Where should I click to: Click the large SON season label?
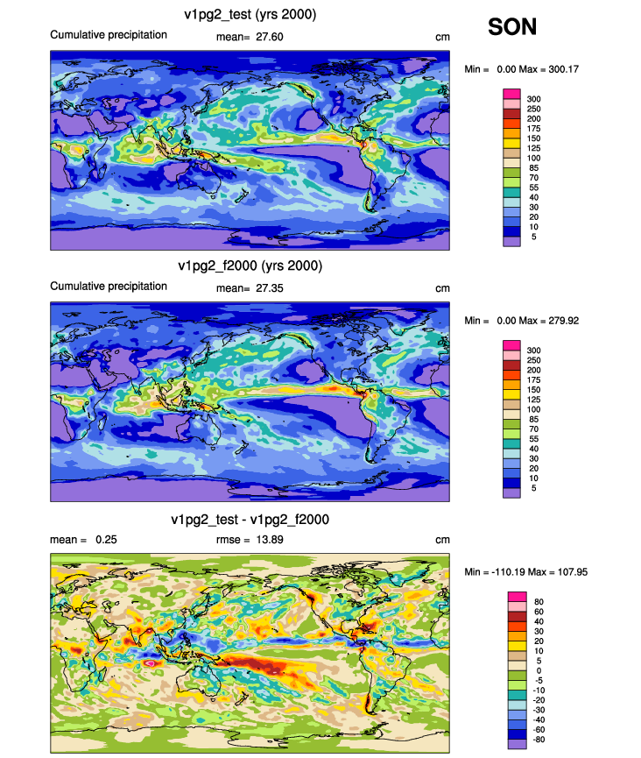[x=512, y=26]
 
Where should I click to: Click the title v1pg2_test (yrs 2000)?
[x=250, y=15]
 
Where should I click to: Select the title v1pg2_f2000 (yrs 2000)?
[x=250, y=266]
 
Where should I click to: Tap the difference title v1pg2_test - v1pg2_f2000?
[x=250, y=520]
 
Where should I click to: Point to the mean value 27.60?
[x=270, y=37]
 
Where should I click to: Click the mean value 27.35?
[x=270, y=288]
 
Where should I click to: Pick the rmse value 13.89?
[x=270, y=540]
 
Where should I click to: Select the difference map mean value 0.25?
[x=106, y=540]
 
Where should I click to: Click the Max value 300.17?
[x=564, y=69]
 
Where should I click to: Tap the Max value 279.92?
[x=564, y=321]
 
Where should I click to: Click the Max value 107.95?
[x=573, y=572]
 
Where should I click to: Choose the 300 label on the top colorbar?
[x=534, y=99]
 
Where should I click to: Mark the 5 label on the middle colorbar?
[x=534, y=488]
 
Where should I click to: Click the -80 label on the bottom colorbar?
[x=539, y=740]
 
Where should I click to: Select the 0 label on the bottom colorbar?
[x=539, y=671]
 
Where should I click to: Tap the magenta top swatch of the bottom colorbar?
[x=517, y=597]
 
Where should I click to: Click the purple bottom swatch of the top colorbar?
[x=511, y=242]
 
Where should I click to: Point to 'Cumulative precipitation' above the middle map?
[x=109, y=287]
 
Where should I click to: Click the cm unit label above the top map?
[x=442, y=37]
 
